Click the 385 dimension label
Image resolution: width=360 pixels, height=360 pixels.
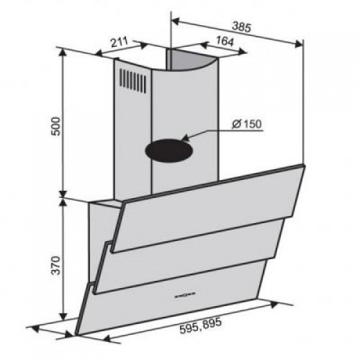(x=241, y=27)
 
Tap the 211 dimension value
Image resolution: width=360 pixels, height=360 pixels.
(x=119, y=42)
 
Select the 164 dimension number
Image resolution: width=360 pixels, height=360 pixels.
(x=225, y=41)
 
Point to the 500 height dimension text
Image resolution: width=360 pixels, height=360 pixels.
(x=56, y=126)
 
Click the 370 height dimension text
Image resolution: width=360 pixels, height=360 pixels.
(x=56, y=265)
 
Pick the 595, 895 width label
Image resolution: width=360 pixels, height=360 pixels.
(x=200, y=325)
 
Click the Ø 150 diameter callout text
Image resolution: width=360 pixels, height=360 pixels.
(x=247, y=124)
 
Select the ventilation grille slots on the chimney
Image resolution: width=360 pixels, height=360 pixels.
(x=132, y=81)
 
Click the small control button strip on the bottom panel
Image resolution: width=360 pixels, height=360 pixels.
(x=184, y=294)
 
